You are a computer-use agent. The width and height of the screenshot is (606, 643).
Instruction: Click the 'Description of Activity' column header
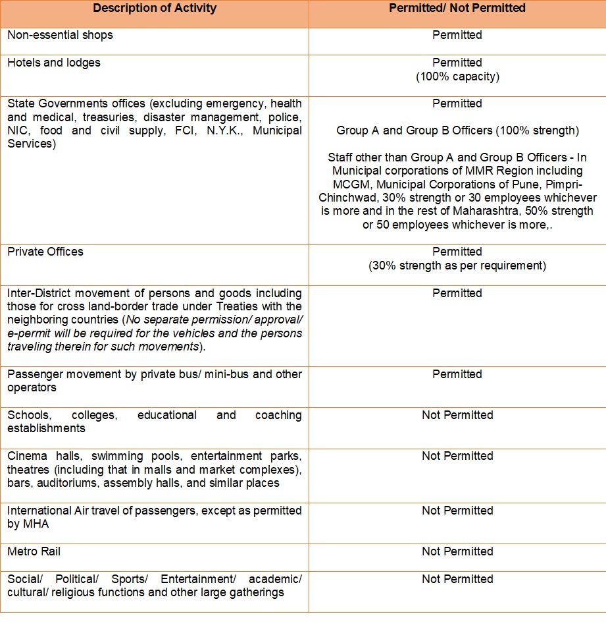click(x=155, y=9)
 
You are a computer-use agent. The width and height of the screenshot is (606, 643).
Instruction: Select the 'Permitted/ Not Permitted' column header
click(x=457, y=9)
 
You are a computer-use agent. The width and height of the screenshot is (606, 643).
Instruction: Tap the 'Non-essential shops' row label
click(x=60, y=35)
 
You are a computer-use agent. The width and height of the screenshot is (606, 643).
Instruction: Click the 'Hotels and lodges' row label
click(x=54, y=63)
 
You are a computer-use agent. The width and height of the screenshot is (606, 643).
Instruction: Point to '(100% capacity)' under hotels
click(x=457, y=76)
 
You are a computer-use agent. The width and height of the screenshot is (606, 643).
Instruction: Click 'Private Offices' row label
click(x=45, y=252)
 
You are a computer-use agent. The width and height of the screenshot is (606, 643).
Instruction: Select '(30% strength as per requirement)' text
click(x=457, y=266)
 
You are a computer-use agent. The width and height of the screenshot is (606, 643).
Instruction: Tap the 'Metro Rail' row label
click(x=34, y=551)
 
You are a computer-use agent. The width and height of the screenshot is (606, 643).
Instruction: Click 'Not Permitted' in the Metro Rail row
click(x=457, y=551)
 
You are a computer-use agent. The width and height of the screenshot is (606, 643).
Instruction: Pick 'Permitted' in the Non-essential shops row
click(x=457, y=35)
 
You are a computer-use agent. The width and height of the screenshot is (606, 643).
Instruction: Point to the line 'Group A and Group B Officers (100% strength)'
click(x=457, y=130)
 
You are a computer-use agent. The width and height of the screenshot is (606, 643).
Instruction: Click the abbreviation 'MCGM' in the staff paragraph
click(x=349, y=184)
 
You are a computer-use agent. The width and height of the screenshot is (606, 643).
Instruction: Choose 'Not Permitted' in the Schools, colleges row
click(x=457, y=415)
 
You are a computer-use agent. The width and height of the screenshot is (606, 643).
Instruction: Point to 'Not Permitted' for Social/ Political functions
click(x=457, y=579)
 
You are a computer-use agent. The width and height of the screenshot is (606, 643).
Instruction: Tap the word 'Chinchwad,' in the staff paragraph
click(x=346, y=198)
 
